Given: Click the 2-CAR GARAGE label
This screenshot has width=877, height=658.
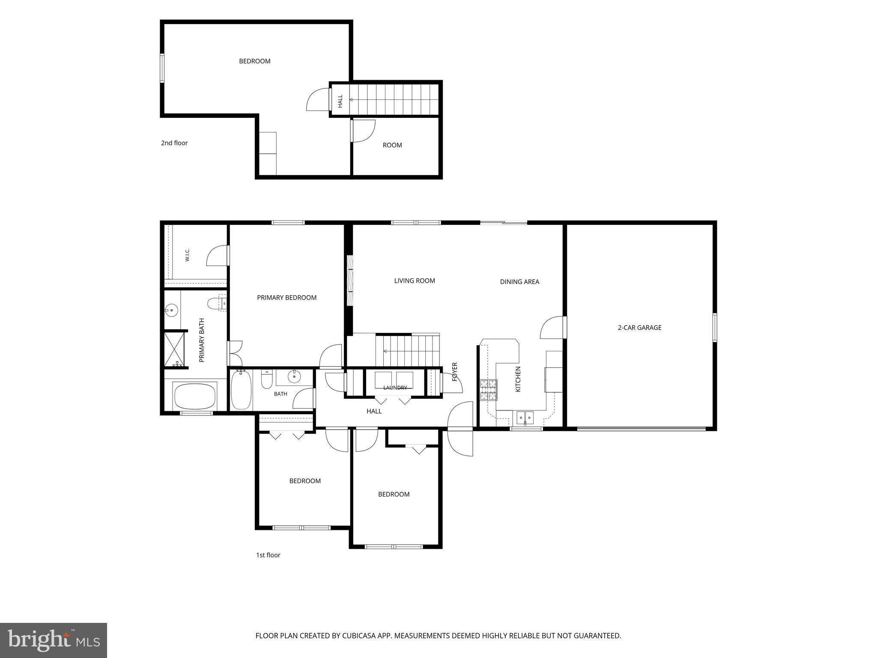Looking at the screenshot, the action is click(x=639, y=328).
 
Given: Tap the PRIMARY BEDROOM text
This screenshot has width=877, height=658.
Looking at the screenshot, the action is click(x=286, y=298).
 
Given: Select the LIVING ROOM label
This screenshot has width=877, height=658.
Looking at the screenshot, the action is click(x=415, y=281).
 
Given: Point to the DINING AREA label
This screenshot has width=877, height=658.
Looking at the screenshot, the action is click(x=519, y=282).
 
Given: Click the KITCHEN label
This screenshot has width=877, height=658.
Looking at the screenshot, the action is click(x=518, y=379).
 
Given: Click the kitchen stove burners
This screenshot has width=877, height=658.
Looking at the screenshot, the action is click(x=489, y=390).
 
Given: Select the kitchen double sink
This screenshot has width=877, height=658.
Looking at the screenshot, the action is click(x=525, y=417).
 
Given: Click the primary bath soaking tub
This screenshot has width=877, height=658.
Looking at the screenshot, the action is click(x=195, y=396).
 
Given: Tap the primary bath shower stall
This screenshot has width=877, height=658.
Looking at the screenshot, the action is click(x=175, y=349).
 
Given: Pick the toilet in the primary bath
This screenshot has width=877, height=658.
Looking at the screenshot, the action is click(x=217, y=304).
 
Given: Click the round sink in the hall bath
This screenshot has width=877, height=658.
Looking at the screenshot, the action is click(x=294, y=377).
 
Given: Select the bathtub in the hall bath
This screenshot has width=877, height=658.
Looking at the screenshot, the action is click(x=241, y=390).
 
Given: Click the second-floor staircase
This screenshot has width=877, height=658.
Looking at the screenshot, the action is click(x=394, y=99).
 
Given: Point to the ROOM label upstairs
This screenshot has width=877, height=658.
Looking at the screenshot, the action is click(x=392, y=145).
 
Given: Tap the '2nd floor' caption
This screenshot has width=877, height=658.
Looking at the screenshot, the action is click(x=174, y=143).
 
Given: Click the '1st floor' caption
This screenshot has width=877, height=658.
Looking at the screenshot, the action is click(x=268, y=555).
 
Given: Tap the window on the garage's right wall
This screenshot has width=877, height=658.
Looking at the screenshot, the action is click(x=715, y=328).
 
